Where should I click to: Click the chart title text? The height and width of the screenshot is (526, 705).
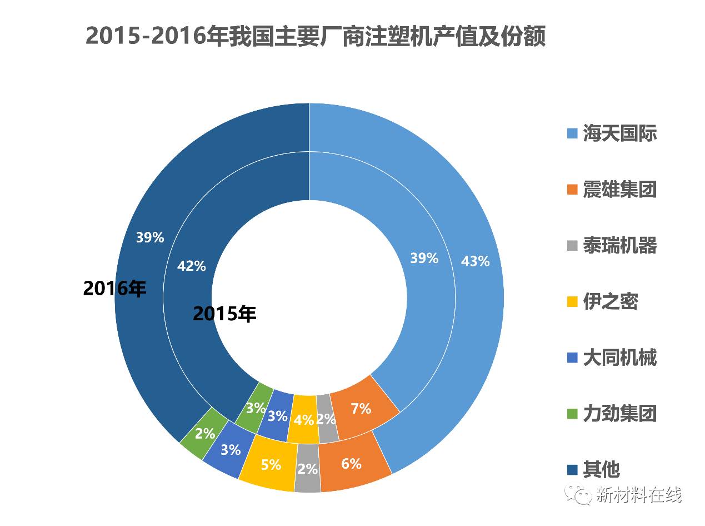316,37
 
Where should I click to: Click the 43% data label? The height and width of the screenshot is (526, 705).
475,261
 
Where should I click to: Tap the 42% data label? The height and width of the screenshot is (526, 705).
191,266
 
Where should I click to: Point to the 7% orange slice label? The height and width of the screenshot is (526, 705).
361,409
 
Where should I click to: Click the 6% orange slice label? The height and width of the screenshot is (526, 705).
351,464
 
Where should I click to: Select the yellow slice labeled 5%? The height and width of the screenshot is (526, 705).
271,464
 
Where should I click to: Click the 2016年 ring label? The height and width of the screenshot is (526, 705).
114,289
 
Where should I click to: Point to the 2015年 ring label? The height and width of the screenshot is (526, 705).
224,314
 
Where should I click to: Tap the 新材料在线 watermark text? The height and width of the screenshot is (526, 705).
638,494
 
